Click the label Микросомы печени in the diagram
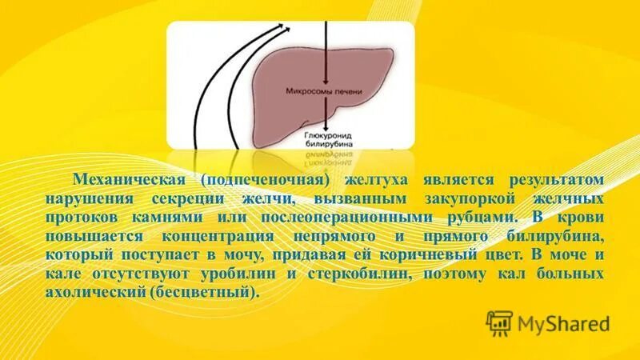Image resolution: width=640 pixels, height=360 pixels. tap(324, 92)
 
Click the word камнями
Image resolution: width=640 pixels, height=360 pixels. tap(173, 216)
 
